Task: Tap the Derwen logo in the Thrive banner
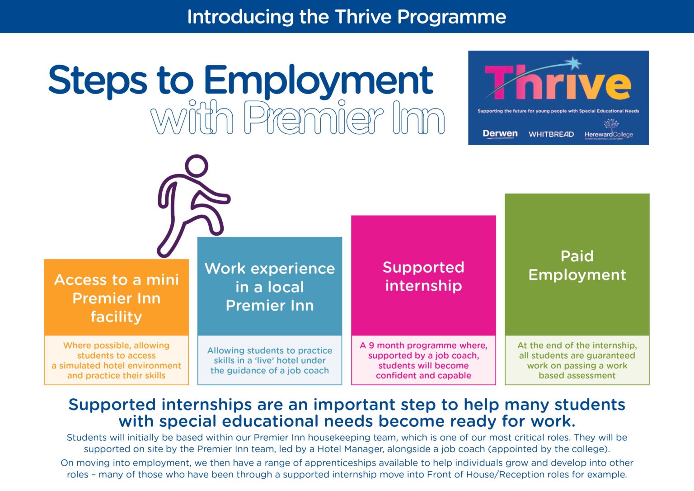click(x=500, y=133)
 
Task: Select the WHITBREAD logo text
click(x=551, y=134)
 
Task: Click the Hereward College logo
click(x=609, y=132)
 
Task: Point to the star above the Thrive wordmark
click(x=574, y=63)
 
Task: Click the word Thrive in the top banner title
click(x=363, y=17)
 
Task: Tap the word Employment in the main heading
click(x=318, y=80)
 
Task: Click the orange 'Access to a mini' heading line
click(x=117, y=280)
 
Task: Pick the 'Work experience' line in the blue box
click(x=270, y=269)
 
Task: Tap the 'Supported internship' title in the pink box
click(x=423, y=276)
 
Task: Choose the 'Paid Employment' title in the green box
click(x=577, y=265)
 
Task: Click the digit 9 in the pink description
click(x=371, y=345)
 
